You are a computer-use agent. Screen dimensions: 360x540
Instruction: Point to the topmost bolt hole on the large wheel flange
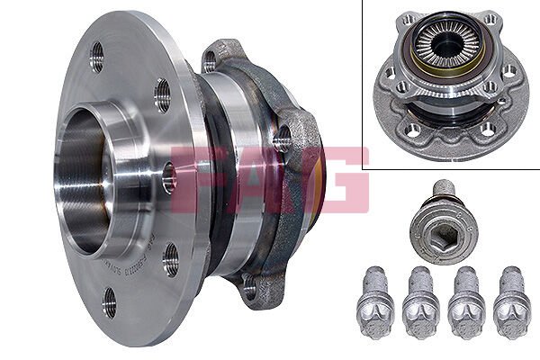point(97,56)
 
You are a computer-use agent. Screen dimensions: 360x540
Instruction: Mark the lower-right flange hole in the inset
point(486,130)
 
